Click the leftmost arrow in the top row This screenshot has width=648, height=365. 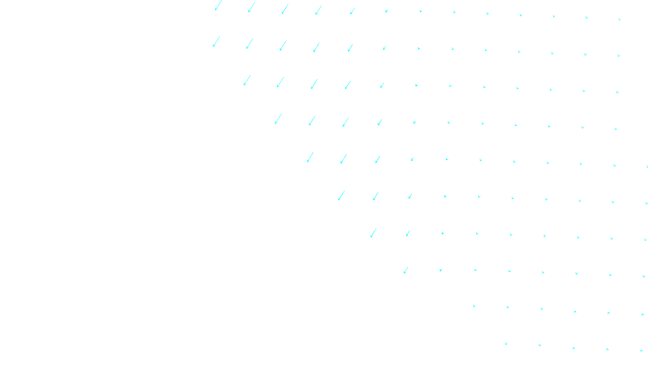tap(218, 5)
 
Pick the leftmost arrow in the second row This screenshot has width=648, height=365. tap(216, 42)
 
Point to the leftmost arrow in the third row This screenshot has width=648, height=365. tap(247, 80)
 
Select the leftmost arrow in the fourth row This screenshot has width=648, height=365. tap(278, 119)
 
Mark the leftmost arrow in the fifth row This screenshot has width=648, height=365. tap(310, 157)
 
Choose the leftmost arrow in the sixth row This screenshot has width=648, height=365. tap(341, 195)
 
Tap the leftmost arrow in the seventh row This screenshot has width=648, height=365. tap(373, 233)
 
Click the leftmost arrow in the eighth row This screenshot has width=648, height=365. tap(406, 270)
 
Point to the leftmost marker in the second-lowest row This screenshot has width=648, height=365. tap(474, 306)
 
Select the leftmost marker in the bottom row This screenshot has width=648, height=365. tap(506, 344)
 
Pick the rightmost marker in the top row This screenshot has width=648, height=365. tap(620, 19)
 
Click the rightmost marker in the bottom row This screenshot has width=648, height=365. tap(642, 351)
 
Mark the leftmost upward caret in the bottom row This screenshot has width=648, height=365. tap(574, 348)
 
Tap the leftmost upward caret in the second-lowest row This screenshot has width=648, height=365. tap(575, 312)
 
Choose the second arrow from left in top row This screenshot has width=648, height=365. tap(252, 7)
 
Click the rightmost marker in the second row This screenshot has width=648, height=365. tap(619, 56)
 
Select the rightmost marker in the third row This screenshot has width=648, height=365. tap(618, 92)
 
